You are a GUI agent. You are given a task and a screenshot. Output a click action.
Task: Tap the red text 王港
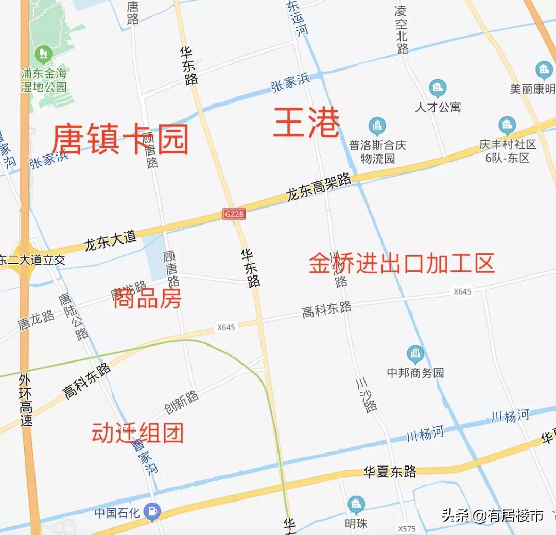tap(306, 123)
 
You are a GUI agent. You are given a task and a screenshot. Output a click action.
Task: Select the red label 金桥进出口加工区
tap(402, 263)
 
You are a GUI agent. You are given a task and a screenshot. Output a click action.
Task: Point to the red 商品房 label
tap(147, 298)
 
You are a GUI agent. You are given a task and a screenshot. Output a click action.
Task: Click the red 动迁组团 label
tap(137, 434)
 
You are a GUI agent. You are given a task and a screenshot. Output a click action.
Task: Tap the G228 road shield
tap(234, 214)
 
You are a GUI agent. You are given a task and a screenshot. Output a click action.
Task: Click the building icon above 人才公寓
tap(438, 88)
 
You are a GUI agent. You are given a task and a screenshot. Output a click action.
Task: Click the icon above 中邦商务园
tap(415, 354)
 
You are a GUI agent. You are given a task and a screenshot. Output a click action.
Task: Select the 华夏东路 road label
tap(390, 472)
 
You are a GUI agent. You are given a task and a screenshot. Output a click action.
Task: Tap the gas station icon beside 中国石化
tap(152, 512)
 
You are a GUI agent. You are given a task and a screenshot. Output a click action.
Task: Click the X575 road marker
tap(407, 529)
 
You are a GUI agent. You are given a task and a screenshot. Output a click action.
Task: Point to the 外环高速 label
tap(25, 400)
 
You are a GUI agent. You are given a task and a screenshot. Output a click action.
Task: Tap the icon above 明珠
tap(356, 505)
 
